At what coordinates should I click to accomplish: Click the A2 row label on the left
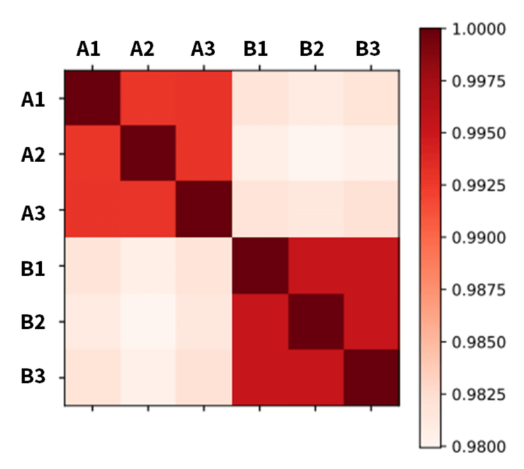tap(34, 154)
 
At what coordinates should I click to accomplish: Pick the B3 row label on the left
tap(34, 378)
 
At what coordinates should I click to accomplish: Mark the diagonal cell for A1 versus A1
tap(92, 98)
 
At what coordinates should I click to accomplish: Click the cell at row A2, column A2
tap(148, 154)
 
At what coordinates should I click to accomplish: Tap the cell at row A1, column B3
tap(371, 98)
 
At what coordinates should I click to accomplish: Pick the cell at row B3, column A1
tap(92, 377)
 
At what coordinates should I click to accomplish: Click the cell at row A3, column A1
tap(92, 210)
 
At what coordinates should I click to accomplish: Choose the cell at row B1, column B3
tap(371, 266)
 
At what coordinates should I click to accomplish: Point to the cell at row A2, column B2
tap(315, 154)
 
